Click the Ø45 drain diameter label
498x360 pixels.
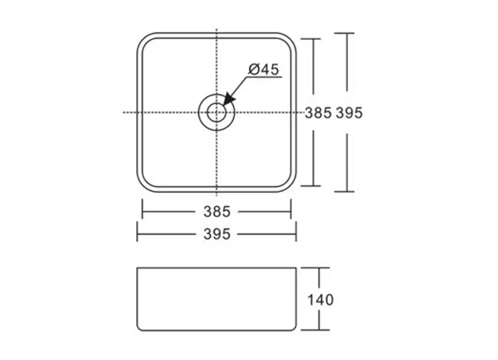click(x=263, y=70)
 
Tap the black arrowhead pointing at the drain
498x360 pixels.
click(x=229, y=99)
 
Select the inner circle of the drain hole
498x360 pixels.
click(x=216, y=112)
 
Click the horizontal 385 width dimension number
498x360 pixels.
click(x=217, y=211)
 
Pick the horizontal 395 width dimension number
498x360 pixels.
click(x=217, y=234)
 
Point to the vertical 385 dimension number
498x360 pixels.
click(x=319, y=113)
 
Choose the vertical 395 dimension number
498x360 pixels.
click(x=349, y=113)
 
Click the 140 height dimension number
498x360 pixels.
click(x=320, y=299)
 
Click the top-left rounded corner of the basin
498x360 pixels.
click(x=142, y=38)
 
